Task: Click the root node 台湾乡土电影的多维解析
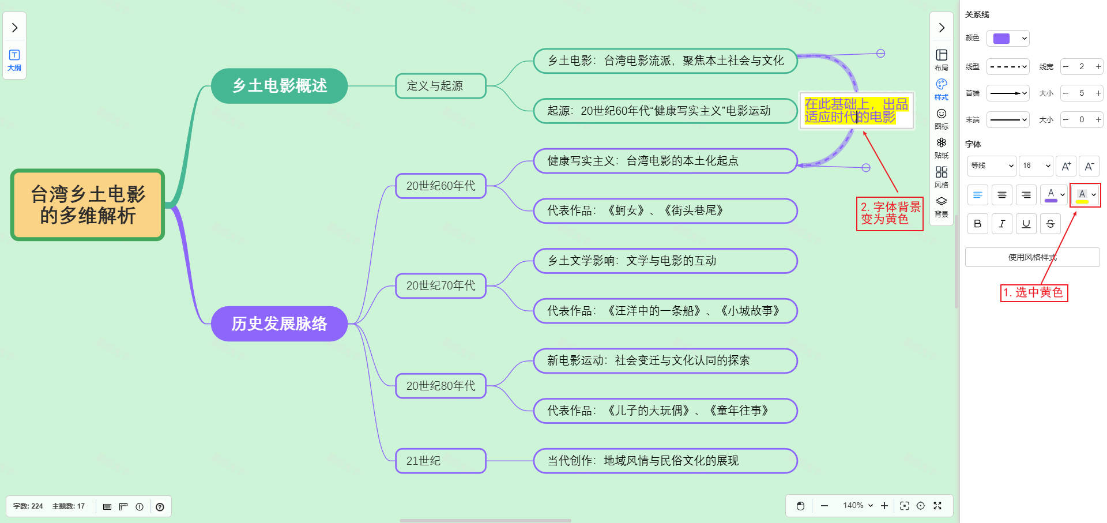coord(88,205)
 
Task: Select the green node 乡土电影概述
coord(279,86)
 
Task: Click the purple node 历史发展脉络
coord(279,323)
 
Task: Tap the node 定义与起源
coord(440,86)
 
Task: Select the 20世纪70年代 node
coord(440,285)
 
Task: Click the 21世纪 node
coord(440,461)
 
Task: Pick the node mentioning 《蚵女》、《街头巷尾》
coord(665,210)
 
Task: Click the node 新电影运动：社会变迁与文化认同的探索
coord(665,360)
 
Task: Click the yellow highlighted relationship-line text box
coord(856,111)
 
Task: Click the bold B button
coord(977,224)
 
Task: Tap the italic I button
coord(1002,224)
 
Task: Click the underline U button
coord(1026,224)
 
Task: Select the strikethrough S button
coord(1050,224)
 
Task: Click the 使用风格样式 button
coord(1032,257)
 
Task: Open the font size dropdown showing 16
coord(1036,165)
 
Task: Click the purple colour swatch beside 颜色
coord(1002,39)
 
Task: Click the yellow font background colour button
coord(1082,195)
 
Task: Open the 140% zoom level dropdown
coord(857,506)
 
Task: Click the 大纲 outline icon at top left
coord(14,59)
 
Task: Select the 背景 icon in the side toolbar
coord(942,206)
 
